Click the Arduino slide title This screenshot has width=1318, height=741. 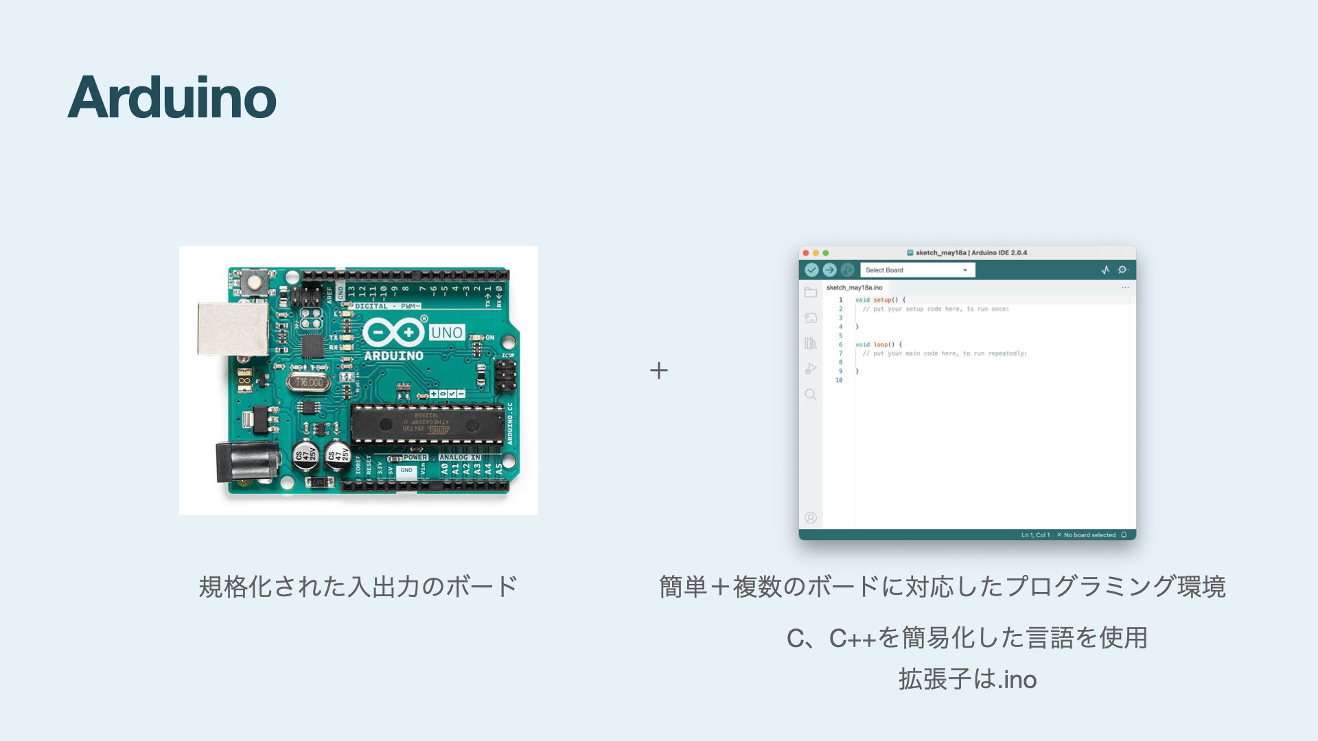point(172,97)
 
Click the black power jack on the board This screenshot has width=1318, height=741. point(246,462)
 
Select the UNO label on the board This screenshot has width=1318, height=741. point(447,333)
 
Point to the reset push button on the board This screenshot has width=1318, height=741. point(255,281)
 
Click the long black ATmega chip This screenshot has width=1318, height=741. point(427,423)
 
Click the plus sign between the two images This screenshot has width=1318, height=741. point(659,370)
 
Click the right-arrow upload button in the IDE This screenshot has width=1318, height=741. point(829,270)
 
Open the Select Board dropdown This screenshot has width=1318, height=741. point(917,270)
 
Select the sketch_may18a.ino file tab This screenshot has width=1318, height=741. point(854,287)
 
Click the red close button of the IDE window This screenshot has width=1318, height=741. point(806,253)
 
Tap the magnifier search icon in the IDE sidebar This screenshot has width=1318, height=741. point(811,395)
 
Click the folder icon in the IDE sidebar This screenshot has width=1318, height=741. point(811,292)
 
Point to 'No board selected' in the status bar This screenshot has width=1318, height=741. point(1089,535)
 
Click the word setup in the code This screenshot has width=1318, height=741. point(882,300)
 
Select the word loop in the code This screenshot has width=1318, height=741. point(881,344)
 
